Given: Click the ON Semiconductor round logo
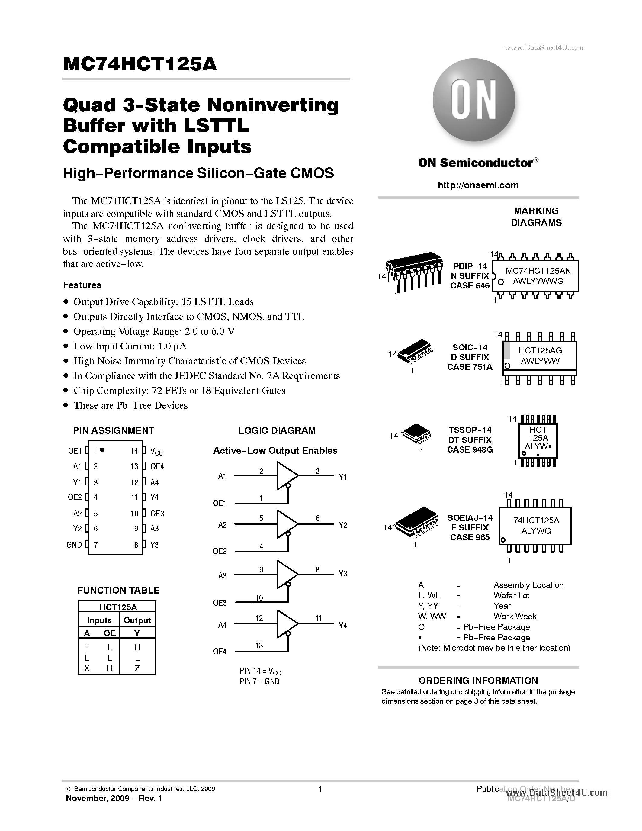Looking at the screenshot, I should [x=473, y=100].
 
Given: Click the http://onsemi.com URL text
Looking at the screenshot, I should [x=478, y=185].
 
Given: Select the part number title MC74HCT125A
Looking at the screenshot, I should [x=140, y=64].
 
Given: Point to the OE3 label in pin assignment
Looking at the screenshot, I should [x=157, y=514].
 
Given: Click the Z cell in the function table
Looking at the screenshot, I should [x=137, y=668].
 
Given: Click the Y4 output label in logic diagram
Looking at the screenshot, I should [x=343, y=626].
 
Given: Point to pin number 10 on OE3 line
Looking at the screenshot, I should [x=259, y=598].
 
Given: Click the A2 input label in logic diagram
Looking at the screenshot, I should [x=222, y=525].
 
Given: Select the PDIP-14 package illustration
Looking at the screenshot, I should [x=415, y=271].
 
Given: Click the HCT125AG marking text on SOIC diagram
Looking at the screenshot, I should [x=540, y=350].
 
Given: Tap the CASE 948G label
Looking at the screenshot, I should [x=470, y=450].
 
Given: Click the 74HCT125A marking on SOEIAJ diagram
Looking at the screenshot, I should [x=536, y=520].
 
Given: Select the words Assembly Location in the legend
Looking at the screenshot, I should [x=528, y=585].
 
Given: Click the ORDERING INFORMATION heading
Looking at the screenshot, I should [x=478, y=681].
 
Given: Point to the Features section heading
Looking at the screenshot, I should [x=82, y=285].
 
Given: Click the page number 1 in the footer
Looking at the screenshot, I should [x=320, y=789].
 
